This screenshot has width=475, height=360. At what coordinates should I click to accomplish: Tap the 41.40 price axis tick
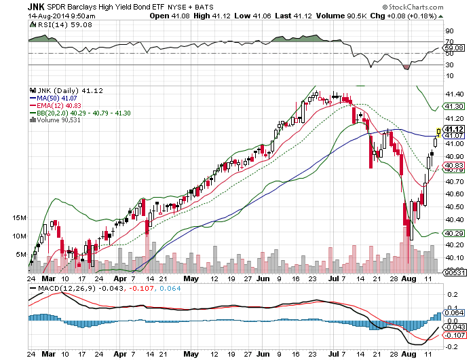click(x=454, y=94)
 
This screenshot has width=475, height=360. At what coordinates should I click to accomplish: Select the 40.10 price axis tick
click(x=454, y=257)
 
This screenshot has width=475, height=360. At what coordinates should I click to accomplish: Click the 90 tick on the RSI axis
click(x=449, y=31)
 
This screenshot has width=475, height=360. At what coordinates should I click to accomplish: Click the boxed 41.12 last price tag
click(x=454, y=129)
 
